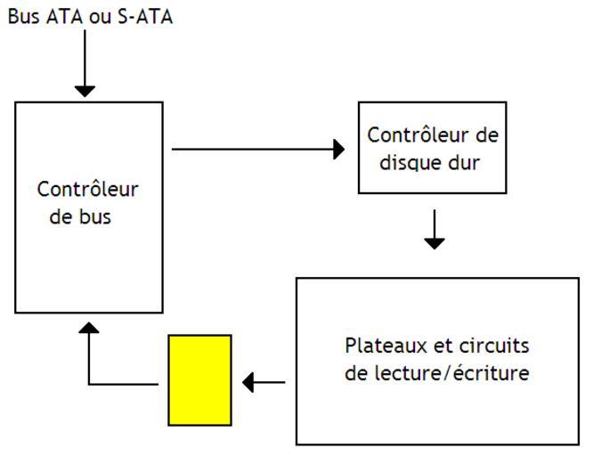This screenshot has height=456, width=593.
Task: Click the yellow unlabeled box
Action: pos(199,379)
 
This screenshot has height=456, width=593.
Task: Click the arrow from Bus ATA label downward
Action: pos(85,62)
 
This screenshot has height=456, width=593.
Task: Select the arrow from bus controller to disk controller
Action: pos(258,149)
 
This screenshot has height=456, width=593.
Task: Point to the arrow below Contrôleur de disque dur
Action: pos(434,229)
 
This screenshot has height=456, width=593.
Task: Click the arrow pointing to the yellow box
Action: pos(264,384)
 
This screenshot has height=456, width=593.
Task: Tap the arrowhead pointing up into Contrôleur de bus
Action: pos(89,329)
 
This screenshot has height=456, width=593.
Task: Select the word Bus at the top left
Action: pos(23,17)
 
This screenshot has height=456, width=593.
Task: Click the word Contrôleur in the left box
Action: pos(88,189)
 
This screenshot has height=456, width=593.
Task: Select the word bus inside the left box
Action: pos(94,216)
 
